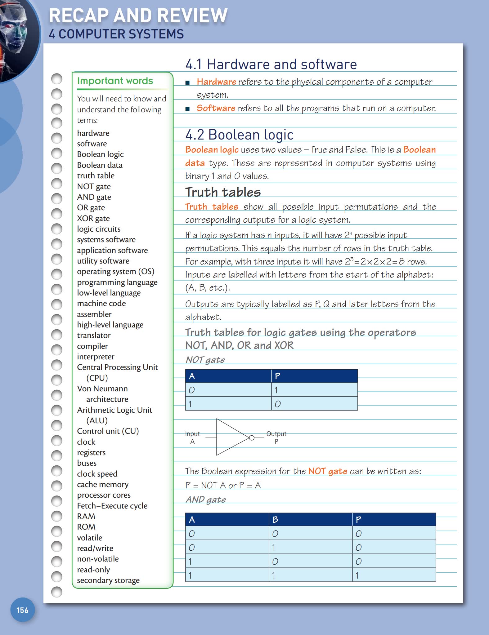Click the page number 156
pyautogui.click(x=22, y=610)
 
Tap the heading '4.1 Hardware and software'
pyautogui.click(x=271, y=64)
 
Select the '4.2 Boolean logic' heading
pyautogui.click(x=239, y=135)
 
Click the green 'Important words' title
pyautogui.click(x=115, y=81)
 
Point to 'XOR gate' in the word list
pyautogui.click(x=93, y=218)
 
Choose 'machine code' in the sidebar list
pyautogui.click(x=101, y=303)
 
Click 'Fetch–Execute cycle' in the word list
pyautogui.click(x=112, y=506)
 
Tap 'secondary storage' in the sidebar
pyautogui.click(x=108, y=580)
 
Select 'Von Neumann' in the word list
pyautogui.click(x=102, y=389)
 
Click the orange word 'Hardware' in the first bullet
pyautogui.click(x=216, y=82)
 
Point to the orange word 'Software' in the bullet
pyautogui.click(x=216, y=108)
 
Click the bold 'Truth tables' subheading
pyautogui.click(x=223, y=192)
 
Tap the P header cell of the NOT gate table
pyautogui.click(x=314, y=376)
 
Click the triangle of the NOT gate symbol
pyautogui.click(x=230, y=437)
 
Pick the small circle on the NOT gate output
pyautogui.click(x=252, y=438)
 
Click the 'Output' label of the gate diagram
pyautogui.click(x=276, y=434)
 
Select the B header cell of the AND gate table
pyautogui.click(x=310, y=520)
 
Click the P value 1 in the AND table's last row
pyautogui.click(x=357, y=575)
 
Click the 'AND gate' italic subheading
pyautogui.click(x=206, y=500)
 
